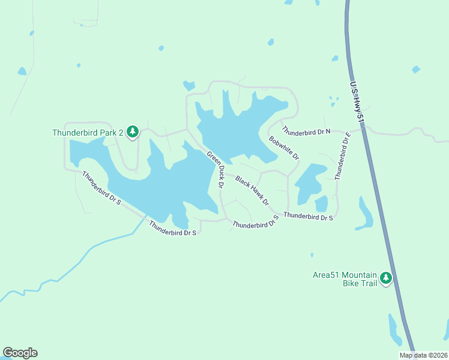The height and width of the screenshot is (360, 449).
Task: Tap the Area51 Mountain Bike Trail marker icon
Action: pyautogui.click(x=386, y=278)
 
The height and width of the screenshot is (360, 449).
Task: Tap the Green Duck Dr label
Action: pyautogui.click(x=215, y=170)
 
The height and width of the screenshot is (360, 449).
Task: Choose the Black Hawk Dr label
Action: pyautogui.click(x=252, y=190)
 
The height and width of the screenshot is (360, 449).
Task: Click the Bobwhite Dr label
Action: pyautogui.click(x=284, y=148)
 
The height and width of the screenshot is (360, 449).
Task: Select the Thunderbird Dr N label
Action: pyautogui.click(x=306, y=131)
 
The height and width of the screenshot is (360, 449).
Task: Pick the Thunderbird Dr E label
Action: pyautogui.click(x=342, y=155)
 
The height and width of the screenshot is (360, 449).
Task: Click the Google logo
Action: pyautogui.click(x=20, y=353)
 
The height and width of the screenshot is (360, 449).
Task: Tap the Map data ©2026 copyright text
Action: pyautogui.click(x=423, y=355)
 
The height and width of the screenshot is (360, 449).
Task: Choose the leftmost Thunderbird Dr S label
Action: pyautogui.click(x=101, y=188)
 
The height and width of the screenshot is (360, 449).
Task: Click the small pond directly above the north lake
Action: pyautogui.click(x=189, y=85)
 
